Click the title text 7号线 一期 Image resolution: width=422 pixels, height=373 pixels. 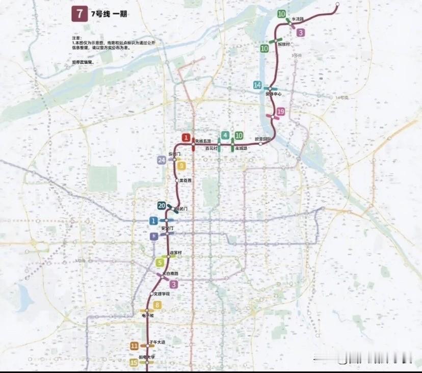(109, 14)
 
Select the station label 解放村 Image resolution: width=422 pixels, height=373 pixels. (284, 44)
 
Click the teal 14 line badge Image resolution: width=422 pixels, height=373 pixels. (258, 85)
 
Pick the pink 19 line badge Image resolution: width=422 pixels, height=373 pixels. (280, 112)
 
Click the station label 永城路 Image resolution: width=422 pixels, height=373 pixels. (241, 148)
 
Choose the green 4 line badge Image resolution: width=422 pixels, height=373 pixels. (225, 136)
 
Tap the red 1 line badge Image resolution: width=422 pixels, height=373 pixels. (187, 138)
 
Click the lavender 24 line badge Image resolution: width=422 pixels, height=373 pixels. (162, 161)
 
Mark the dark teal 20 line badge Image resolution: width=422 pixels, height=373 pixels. (162, 206)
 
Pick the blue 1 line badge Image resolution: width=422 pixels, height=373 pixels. (153, 221)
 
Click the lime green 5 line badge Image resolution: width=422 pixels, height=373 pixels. (160, 263)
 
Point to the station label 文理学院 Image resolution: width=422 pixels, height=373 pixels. (161, 294)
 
